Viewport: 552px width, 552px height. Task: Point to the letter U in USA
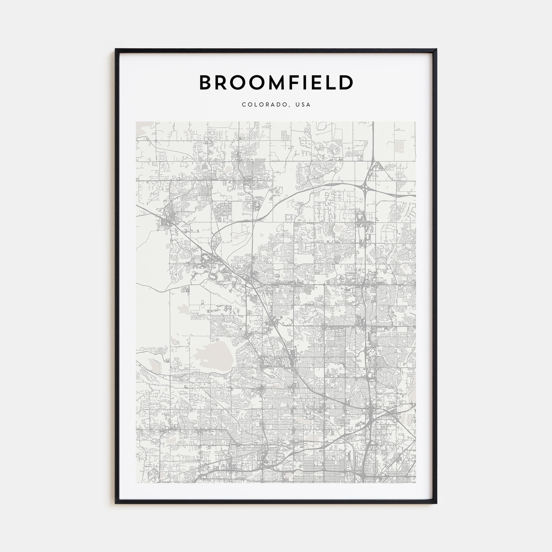coord(298,105)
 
